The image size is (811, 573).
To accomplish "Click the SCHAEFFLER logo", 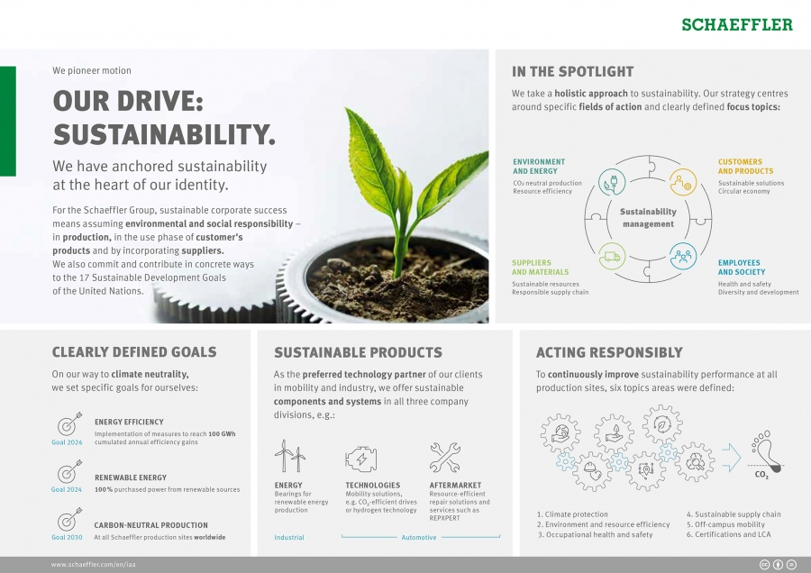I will [x=737, y=24].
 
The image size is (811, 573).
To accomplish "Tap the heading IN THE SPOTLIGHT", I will [x=572, y=72].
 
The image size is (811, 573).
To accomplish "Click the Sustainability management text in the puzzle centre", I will [x=648, y=218].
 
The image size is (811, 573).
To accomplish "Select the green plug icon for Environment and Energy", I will [x=613, y=182].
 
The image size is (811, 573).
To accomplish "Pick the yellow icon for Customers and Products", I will [x=683, y=182].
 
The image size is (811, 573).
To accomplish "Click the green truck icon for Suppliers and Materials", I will [x=613, y=255].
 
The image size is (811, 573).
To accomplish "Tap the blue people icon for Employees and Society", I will [x=683, y=255].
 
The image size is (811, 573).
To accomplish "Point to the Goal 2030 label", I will [x=67, y=537].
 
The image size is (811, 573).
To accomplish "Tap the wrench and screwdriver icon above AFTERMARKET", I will [x=444, y=457].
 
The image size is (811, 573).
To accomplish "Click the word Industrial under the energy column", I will [x=289, y=537].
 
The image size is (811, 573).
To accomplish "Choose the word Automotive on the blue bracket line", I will [x=419, y=538].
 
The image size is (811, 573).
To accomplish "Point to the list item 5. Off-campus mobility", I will [x=725, y=524].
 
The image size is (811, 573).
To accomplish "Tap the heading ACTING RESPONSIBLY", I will [x=609, y=353].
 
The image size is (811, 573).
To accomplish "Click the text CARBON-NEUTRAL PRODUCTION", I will [x=151, y=525].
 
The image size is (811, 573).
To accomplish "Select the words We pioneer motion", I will [x=92, y=70].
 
